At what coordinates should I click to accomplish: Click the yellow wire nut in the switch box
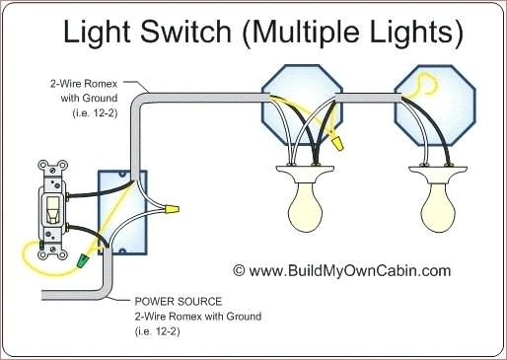(x=172, y=209)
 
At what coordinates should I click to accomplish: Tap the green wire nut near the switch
(x=83, y=260)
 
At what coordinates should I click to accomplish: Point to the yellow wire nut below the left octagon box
(x=337, y=143)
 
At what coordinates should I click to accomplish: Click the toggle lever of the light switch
(x=52, y=208)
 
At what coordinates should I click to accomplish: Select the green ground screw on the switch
(x=41, y=245)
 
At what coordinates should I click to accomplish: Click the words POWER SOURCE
(x=179, y=301)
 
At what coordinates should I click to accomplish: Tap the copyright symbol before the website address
(x=239, y=270)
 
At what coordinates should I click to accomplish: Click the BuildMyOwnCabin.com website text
(x=349, y=271)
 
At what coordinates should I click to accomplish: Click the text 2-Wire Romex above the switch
(x=84, y=84)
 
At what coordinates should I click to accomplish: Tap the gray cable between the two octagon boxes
(x=368, y=99)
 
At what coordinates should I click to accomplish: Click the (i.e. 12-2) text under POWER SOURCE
(x=158, y=331)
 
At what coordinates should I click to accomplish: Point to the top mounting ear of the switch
(x=52, y=168)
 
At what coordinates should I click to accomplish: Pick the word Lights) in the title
(x=416, y=33)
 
